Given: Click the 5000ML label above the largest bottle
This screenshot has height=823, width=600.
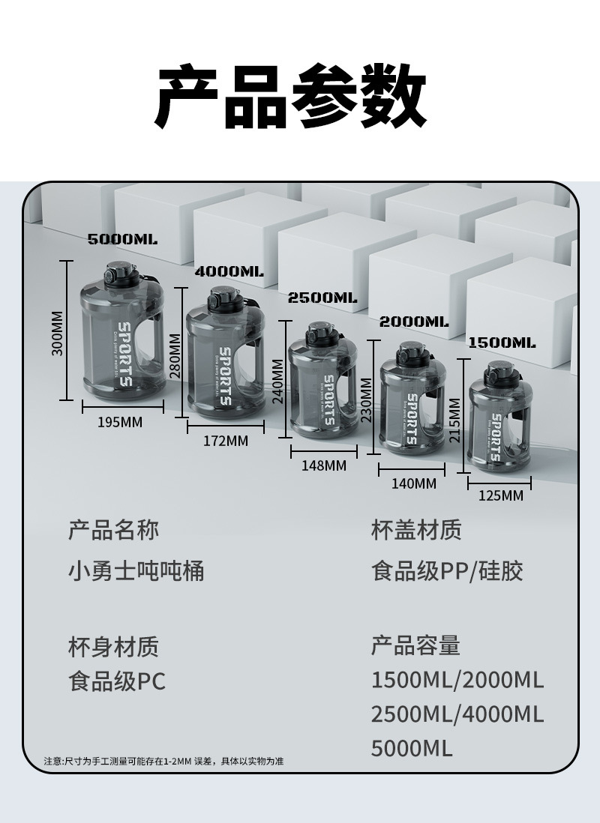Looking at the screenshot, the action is (x=122, y=240).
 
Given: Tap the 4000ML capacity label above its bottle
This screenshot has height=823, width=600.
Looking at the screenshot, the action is (x=229, y=271).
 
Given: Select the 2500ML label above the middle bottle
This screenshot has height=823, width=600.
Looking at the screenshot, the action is (x=322, y=298).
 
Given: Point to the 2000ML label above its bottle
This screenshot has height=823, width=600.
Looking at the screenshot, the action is (x=414, y=322).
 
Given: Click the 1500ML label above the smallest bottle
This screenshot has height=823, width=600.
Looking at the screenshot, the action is (x=502, y=343).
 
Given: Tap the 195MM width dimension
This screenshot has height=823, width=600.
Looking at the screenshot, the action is (x=120, y=423).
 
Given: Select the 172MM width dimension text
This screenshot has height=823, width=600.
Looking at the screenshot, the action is (x=225, y=441).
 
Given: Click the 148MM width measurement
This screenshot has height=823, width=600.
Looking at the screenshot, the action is (x=324, y=465).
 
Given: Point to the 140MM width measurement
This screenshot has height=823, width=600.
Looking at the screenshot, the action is (x=413, y=483).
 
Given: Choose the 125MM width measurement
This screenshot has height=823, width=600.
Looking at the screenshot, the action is (x=501, y=495).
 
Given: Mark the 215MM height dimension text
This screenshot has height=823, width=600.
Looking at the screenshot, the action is (x=454, y=420).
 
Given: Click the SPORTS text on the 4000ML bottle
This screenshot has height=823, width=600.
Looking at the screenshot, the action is (x=224, y=376).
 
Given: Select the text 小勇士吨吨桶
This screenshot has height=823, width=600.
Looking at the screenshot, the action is (x=136, y=572).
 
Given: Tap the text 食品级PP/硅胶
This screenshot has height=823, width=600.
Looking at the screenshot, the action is (x=447, y=572).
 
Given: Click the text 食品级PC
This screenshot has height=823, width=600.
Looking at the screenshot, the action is (x=117, y=681).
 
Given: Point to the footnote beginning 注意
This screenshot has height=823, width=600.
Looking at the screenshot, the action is (x=163, y=762).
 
